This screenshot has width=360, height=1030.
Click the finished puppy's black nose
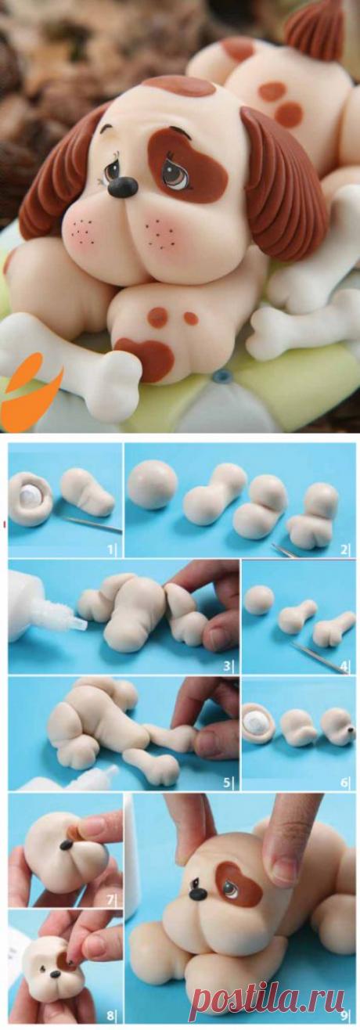[x=123, y=187]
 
